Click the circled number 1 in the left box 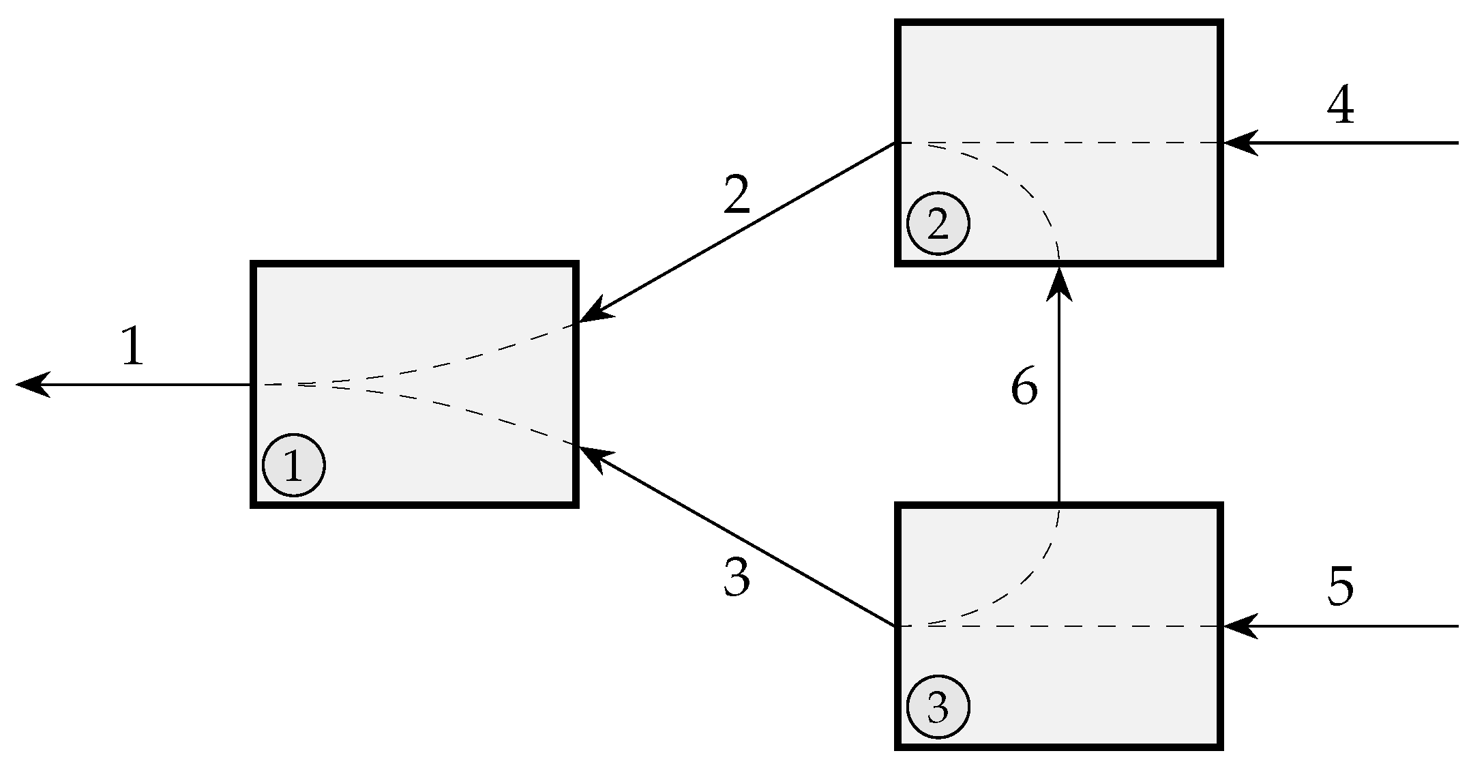(x=293, y=465)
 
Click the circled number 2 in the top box (x=938, y=224)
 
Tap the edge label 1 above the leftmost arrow (x=132, y=346)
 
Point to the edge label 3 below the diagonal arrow (x=737, y=577)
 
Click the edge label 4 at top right (x=1340, y=106)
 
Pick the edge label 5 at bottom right (x=1340, y=587)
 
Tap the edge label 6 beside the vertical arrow (x=1024, y=387)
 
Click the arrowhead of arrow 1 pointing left (x=31, y=385)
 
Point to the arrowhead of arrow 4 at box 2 (x=1238, y=143)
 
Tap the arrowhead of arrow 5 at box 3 (x=1238, y=626)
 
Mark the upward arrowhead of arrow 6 (x=1059, y=283)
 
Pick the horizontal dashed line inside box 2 (x=1125, y=143)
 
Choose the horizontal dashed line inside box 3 (x=1125, y=626)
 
